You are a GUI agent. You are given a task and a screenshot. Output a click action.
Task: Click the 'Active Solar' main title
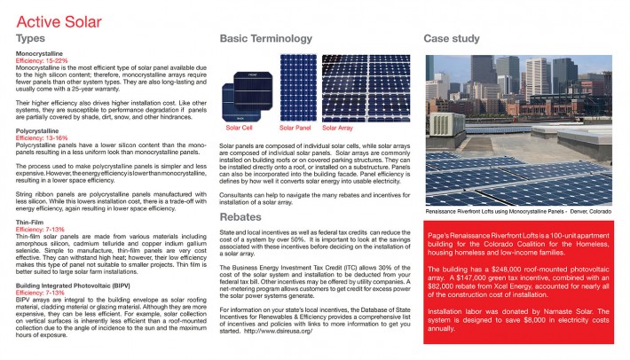(x=55, y=21)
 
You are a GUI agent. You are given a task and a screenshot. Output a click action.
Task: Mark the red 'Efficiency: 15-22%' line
(x=43, y=60)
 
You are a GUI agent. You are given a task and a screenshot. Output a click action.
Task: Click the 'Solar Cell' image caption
(x=240, y=127)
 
